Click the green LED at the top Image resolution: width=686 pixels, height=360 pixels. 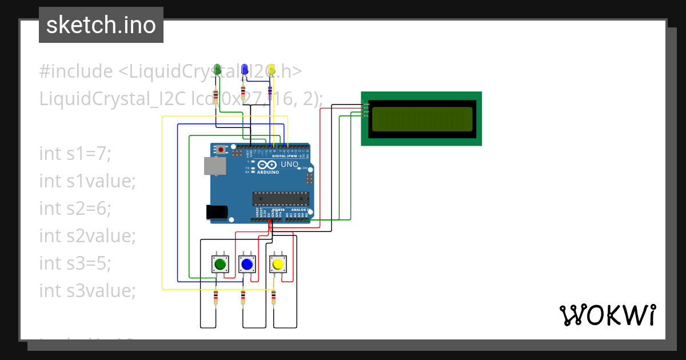(217, 69)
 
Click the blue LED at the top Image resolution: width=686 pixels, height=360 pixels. (245, 69)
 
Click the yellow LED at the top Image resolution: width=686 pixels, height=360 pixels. (272, 69)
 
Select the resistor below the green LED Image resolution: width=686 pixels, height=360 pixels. (216, 97)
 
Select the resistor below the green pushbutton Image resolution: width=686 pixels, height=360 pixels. (216, 297)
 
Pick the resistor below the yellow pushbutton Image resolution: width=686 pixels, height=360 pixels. (273, 297)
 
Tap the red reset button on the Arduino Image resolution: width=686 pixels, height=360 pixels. (221, 150)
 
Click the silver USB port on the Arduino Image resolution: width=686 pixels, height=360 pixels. (214, 166)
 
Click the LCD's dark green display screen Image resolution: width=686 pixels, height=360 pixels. (421, 118)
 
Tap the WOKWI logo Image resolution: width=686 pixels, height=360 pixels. (607, 315)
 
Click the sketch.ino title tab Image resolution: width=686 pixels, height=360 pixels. (101, 25)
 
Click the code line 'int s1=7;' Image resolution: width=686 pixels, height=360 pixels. (75, 153)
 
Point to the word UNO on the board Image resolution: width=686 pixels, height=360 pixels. (290, 165)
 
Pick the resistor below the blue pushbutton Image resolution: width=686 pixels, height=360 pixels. (243, 297)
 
